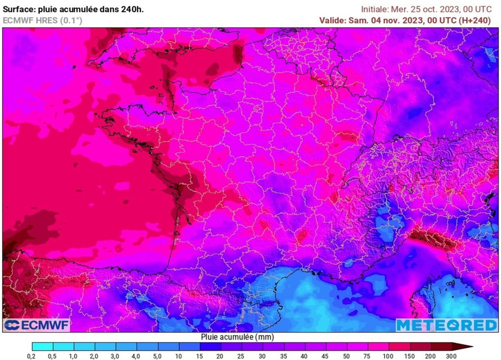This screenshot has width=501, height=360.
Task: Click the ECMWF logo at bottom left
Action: (37, 325)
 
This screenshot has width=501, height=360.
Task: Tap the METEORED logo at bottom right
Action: (446, 325)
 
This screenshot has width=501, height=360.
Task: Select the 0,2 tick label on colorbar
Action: (32, 356)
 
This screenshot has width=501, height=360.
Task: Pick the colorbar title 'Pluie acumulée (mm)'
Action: (237, 337)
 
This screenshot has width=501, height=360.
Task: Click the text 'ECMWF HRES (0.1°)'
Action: (43, 20)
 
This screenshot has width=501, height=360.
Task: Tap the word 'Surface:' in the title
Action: (20, 9)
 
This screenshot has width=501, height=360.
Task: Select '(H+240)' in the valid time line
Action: (474, 20)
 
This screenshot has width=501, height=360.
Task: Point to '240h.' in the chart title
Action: (133, 9)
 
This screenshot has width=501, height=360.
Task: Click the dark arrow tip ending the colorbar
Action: (468, 347)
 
